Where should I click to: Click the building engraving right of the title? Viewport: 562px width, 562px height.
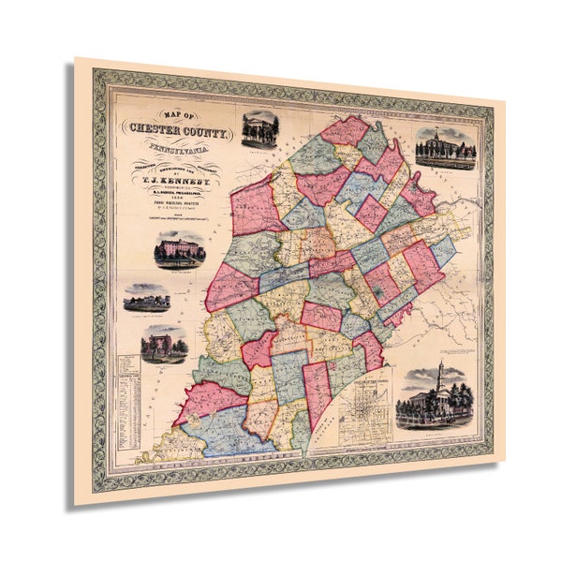point(259,131)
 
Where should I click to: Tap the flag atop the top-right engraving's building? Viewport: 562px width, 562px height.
point(441,129)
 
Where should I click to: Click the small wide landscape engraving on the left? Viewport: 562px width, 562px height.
point(147,299)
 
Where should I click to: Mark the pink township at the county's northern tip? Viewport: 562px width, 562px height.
point(345,130)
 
